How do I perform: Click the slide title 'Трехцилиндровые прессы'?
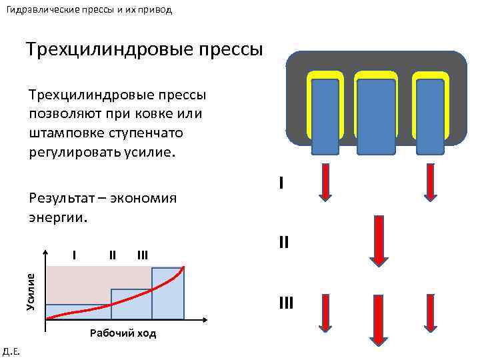144,49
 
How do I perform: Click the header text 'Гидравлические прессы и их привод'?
93,10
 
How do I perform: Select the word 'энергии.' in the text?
58,217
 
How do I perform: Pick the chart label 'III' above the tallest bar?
142,254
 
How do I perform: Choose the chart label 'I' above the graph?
75,254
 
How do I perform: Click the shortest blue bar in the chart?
78,311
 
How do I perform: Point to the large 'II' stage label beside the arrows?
283,242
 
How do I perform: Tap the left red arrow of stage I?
325,182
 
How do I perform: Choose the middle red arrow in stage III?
378,320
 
